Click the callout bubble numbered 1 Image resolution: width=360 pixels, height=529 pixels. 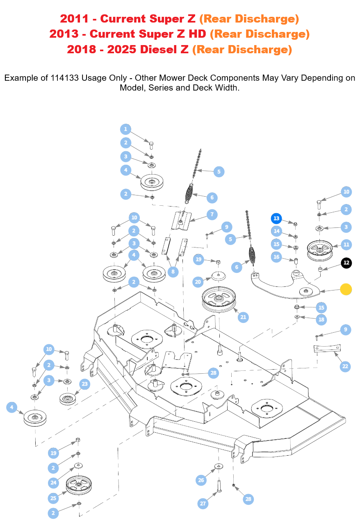[125, 129]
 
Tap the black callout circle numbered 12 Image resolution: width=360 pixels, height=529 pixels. [346, 263]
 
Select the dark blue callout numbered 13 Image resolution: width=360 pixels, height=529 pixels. [276, 218]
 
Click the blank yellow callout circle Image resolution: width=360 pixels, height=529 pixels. [346, 289]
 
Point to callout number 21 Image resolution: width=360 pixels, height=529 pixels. [244, 317]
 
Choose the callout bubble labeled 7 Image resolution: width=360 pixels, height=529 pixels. [212, 214]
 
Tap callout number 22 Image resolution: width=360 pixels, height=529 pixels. [345, 366]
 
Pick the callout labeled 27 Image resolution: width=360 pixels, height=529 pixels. [203, 504]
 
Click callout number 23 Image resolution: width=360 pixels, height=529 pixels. [84, 384]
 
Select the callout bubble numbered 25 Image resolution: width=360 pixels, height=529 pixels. [53, 498]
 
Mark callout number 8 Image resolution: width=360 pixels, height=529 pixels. [173, 271]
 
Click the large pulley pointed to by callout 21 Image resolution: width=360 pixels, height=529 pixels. [219, 298]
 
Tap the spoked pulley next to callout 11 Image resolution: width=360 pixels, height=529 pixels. [319, 247]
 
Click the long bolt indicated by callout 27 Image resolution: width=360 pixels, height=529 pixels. [219, 486]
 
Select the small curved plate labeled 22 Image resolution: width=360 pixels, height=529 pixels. [327, 349]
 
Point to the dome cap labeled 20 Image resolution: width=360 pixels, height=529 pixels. [219, 276]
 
